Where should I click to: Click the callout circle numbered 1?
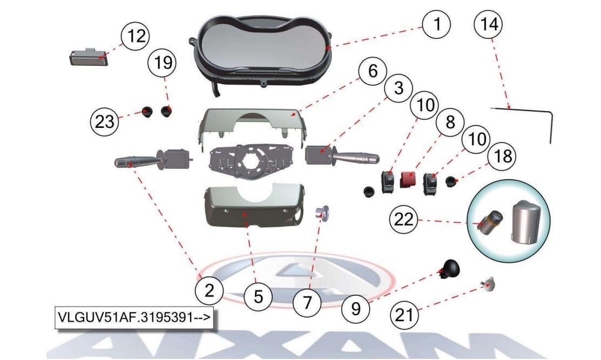436,24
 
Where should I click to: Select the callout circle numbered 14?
488,24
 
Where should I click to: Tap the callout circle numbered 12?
136,36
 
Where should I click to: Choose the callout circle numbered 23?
104,122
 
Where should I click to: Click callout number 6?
372,71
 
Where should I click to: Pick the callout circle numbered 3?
399,88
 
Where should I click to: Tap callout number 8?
450,122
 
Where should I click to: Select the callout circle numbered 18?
503,157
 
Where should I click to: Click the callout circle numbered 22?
403,220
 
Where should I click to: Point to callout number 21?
404,315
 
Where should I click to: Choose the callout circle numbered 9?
356,308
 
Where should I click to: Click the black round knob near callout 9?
449,268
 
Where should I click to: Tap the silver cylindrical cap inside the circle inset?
526,221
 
